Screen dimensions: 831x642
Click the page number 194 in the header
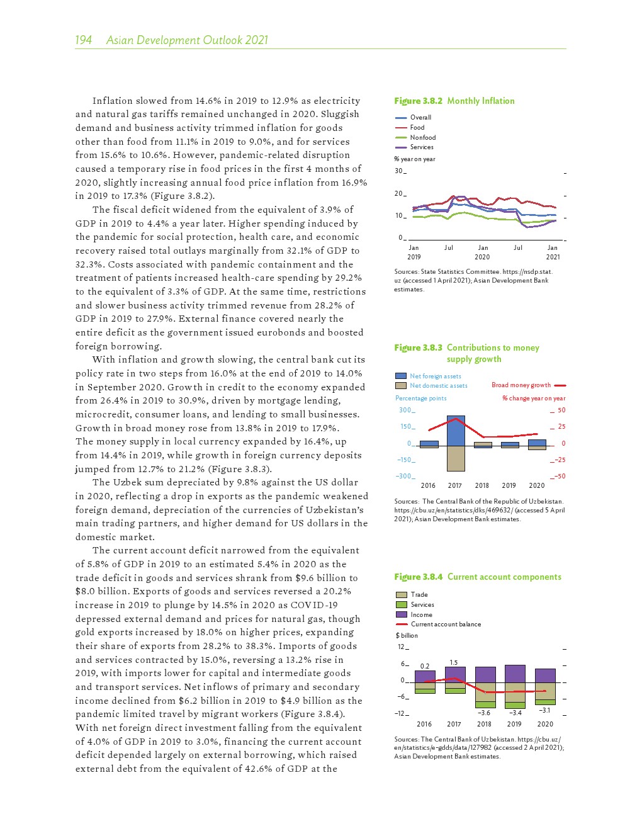pyautogui.click(x=83, y=40)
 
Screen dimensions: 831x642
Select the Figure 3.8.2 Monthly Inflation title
pyautogui.click(x=454, y=101)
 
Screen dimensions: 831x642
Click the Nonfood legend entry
pyautogui.click(x=422, y=137)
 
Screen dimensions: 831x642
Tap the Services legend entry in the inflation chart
pyautogui.click(x=421, y=147)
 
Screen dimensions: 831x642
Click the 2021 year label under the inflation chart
pyautogui.click(x=553, y=257)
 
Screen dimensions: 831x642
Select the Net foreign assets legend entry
pyautogui.click(x=435, y=376)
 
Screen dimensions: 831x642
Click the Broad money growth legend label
pyautogui.click(x=521, y=385)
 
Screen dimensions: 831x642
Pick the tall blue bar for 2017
pyautogui.click(x=456, y=431)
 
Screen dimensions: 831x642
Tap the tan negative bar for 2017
pyautogui.click(x=456, y=458)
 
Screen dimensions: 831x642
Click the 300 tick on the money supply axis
pyautogui.click(x=405, y=410)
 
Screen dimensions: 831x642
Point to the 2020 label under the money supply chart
pyautogui.click(x=536, y=485)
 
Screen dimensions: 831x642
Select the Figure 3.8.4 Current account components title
pyautogui.click(x=477, y=577)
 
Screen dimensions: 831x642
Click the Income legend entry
pyautogui.click(x=421, y=614)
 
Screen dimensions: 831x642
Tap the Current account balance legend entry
pyautogui.click(x=445, y=625)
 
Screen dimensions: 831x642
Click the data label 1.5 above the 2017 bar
pyautogui.click(x=454, y=662)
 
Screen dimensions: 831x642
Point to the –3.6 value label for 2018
pyautogui.click(x=484, y=713)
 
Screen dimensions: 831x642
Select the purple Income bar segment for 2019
pyautogui.click(x=515, y=674)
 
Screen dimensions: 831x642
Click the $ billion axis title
pyautogui.click(x=407, y=635)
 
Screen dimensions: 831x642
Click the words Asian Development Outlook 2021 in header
pyautogui.click(x=187, y=40)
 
